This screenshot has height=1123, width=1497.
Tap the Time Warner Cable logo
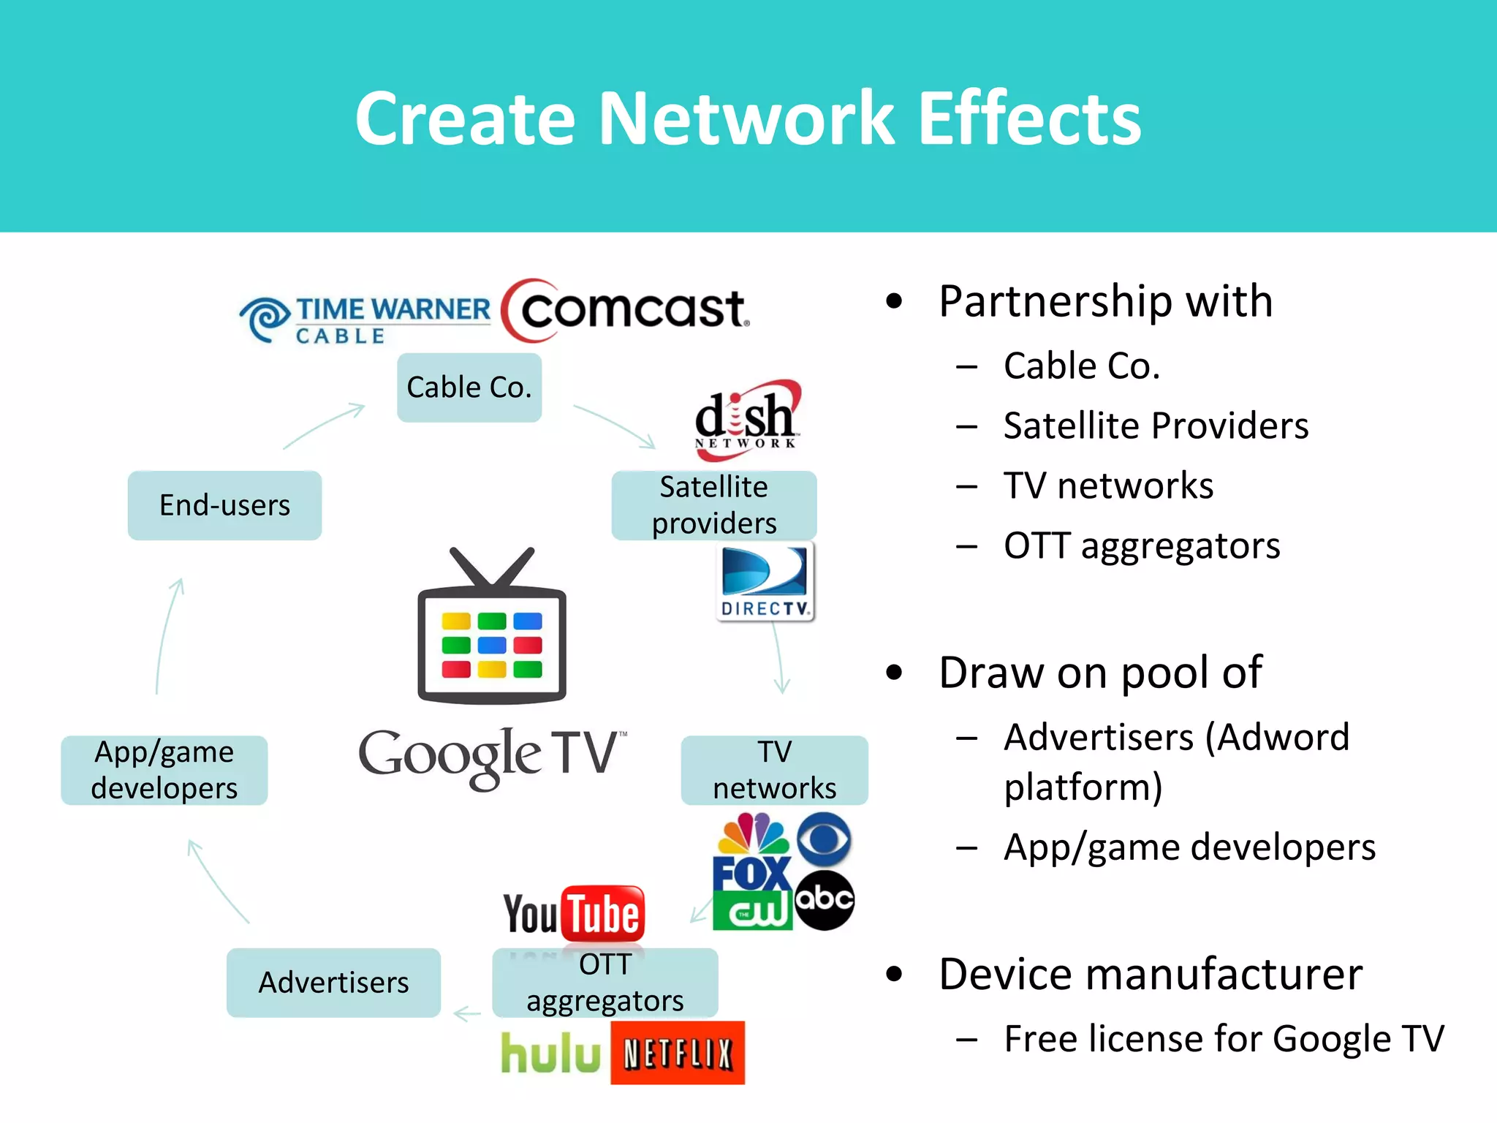click(365, 319)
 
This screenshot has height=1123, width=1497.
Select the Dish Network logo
click(747, 420)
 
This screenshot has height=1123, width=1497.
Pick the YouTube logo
click(574, 914)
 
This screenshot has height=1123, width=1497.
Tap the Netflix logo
click(678, 1053)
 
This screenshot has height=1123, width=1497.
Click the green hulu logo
click(550, 1054)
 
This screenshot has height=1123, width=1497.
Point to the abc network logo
click(825, 900)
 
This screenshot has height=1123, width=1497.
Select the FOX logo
click(751, 874)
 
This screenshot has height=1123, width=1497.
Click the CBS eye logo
click(824, 839)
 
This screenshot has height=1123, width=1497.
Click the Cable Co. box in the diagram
click(469, 387)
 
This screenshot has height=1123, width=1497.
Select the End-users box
click(224, 505)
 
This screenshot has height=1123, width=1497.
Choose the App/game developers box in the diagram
click(164, 770)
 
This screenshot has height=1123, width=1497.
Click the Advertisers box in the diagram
click(333, 983)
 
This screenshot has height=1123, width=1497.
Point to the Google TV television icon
click(492, 629)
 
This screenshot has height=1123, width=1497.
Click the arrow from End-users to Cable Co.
click(325, 426)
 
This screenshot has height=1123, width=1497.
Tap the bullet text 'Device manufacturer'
click(1151, 974)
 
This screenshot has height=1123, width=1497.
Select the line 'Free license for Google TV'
click(1224, 1038)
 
